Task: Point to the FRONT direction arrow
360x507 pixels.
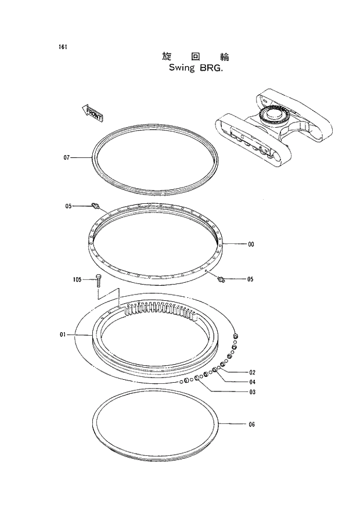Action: click(x=91, y=113)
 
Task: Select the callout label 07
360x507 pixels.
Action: click(x=67, y=158)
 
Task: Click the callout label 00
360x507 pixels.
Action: click(x=251, y=244)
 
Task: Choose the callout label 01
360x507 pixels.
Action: click(x=63, y=335)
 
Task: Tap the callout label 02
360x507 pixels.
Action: click(x=252, y=372)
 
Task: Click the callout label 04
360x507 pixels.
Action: click(x=252, y=382)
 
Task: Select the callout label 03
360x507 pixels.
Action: click(x=252, y=393)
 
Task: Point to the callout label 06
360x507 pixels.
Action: click(x=251, y=425)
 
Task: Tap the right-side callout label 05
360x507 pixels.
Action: click(x=250, y=279)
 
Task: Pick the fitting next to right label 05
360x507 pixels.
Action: click(x=220, y=280)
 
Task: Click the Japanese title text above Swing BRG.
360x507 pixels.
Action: click(x=196, y=57)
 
